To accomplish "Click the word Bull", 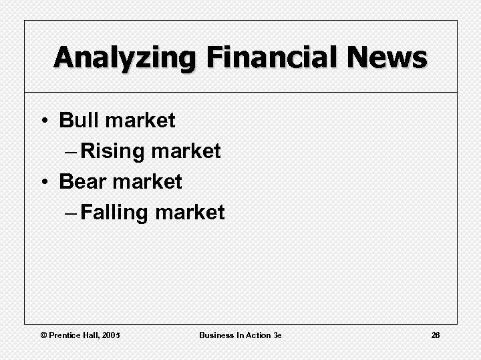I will coord(79,121).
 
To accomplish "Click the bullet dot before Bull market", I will coord(43,121).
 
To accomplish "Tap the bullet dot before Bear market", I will coord(43,182).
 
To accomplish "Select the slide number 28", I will coord(435,335).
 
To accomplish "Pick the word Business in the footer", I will coord(216,335).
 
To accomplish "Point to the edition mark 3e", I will coord(277,335).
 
